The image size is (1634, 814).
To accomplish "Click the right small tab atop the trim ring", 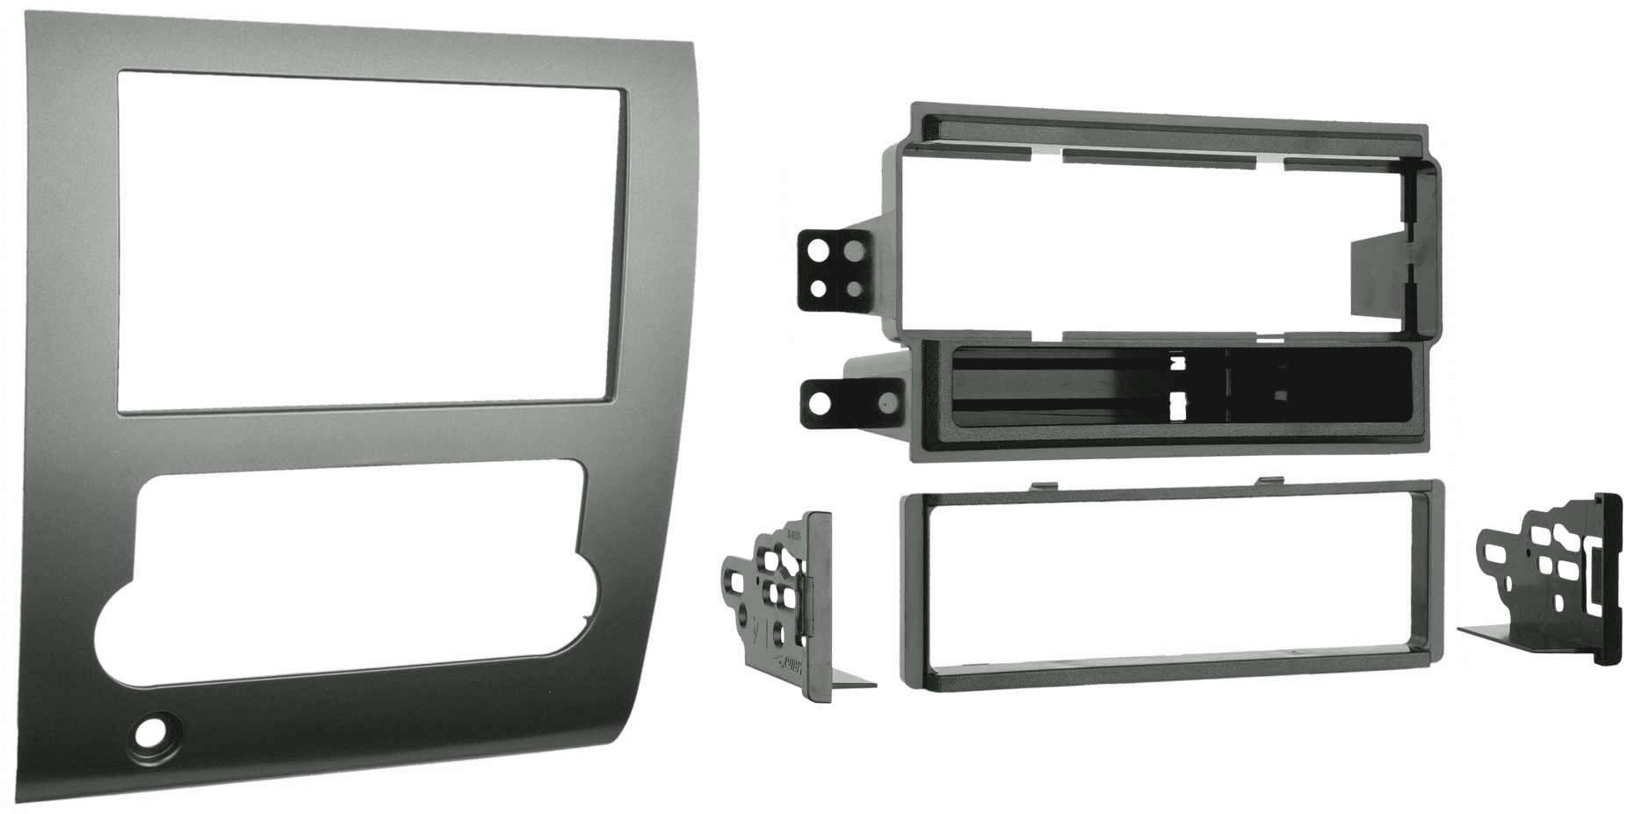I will pos(1270,480).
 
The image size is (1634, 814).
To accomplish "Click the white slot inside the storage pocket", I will pos(1177,405).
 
